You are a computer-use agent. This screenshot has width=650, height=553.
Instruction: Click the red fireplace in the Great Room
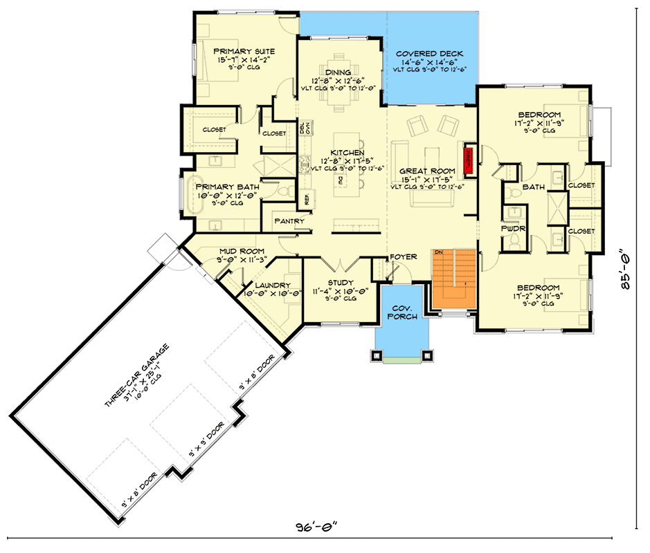pos(468,158)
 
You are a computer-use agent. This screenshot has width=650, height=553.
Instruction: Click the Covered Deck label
pos(429,54)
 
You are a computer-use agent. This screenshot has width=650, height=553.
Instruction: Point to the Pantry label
pos(289,221)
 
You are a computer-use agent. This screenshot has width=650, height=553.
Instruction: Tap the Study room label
pos(341,283)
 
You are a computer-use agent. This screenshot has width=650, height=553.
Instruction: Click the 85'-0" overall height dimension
pos(626,272)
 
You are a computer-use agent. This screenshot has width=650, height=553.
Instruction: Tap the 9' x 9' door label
pos(207,441)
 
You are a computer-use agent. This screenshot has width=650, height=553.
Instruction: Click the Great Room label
pos(427,171)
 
